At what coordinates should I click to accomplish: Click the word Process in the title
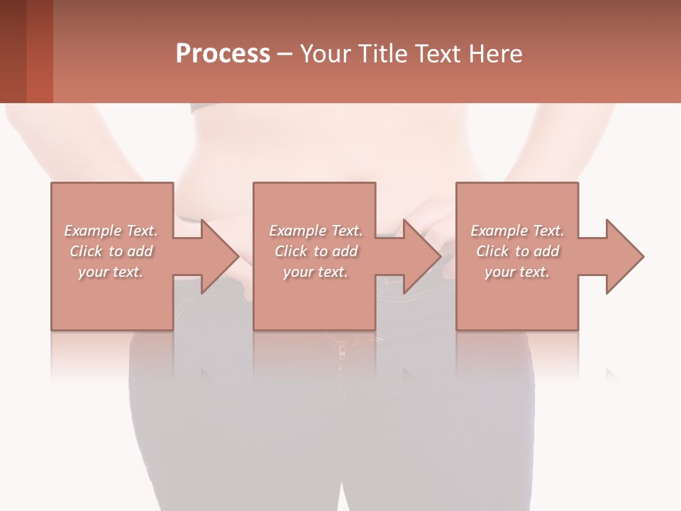click(x=223, y=54)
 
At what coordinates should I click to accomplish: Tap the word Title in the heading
click(x=381, y=54)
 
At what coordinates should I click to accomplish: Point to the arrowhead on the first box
click(x=218, y=256)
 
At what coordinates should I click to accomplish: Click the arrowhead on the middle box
click(x=421, y=256)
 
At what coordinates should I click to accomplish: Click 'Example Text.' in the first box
click(x=111, y=231)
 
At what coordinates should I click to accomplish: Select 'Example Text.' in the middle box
click(x=316, y=231)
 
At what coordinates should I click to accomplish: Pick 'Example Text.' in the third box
click(x=517, y=231)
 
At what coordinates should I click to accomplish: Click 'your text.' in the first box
click(x=111, y=272)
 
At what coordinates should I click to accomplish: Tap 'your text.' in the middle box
click(x=316, y=272)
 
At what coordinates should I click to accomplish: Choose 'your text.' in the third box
click(x=517, y=272)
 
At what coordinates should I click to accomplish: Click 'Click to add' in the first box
click(x=111, y=251)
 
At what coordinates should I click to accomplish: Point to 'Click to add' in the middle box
click(x=316, y=251)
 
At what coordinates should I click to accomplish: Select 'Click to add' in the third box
click(x=517, y=251)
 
